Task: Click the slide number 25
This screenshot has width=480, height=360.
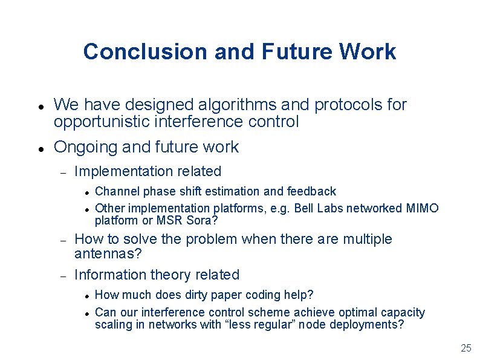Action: pyautogui.click(x=465, y=348)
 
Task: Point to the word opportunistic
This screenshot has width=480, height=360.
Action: pyautogui.click(x=103, y=122)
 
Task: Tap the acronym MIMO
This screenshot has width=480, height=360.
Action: pyautogui.click(x=422, y=208)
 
